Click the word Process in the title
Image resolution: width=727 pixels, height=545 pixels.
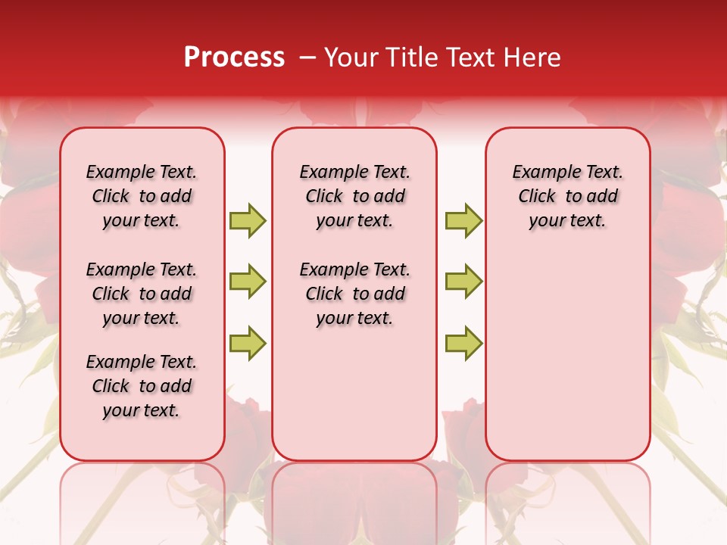234,58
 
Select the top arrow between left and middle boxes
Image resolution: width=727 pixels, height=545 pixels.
248,220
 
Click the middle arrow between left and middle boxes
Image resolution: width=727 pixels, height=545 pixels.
248,282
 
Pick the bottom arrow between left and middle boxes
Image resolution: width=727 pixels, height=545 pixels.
248,343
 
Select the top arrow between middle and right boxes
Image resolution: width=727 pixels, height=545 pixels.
463,220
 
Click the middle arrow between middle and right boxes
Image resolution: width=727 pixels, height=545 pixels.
463,282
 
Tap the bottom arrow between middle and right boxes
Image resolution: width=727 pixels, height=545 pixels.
463,343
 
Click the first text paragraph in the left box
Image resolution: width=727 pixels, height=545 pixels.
142,196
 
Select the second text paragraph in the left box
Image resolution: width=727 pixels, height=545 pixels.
142,294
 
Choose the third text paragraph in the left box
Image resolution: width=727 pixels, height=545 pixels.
142,386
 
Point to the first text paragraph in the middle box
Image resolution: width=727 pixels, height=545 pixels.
354,196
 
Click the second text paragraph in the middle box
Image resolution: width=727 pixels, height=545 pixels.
354,294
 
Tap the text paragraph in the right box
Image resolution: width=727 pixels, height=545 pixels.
568,196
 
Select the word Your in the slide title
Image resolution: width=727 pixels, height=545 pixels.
351,58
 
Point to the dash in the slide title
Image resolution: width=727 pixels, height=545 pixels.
307,58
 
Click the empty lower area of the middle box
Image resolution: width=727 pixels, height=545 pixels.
354,394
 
